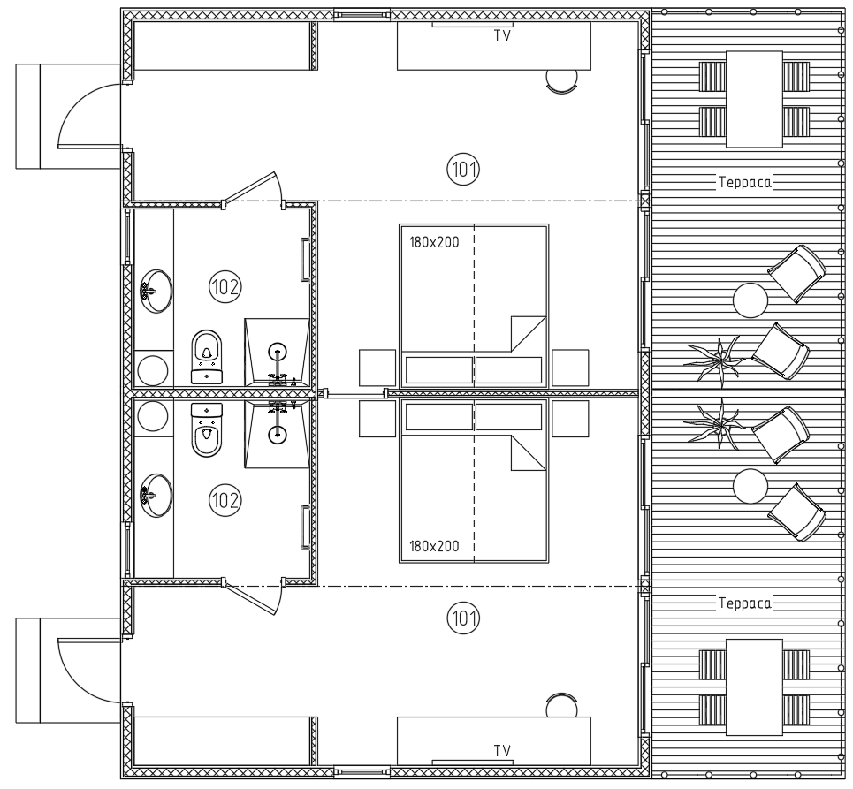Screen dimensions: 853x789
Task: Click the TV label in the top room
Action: tap(502, 36)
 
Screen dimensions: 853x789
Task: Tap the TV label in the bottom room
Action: tap(502, 751)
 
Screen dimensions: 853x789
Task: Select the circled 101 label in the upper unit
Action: tap(463, 170)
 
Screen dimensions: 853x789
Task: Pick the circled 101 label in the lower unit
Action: tap(463, 618)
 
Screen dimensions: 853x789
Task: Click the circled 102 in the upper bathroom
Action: tap(225, 286)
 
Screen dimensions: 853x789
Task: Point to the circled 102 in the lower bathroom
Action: tap(225, 500)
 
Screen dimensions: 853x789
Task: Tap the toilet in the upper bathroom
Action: tap(207, 357)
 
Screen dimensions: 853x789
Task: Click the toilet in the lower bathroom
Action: tap(207, 430)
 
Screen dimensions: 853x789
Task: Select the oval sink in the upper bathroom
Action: tap(156, 291)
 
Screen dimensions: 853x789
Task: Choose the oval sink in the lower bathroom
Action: tap(156, 496)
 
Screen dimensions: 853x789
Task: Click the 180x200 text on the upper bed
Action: tap(434, 242)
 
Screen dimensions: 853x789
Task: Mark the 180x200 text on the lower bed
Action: tap(434, 546)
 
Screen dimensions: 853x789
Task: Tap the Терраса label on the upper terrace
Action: tap(745, 183)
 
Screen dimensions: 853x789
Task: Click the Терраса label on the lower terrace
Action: tap(745, 603)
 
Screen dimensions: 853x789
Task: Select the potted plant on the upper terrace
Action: tap(715, 361)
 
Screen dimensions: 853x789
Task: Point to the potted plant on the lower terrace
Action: tap(715, 425)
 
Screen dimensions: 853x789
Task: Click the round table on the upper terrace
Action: tap(750, 300)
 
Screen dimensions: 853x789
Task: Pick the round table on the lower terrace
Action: tap(750, 486)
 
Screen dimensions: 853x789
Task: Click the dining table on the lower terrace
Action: tap(755, 687)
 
